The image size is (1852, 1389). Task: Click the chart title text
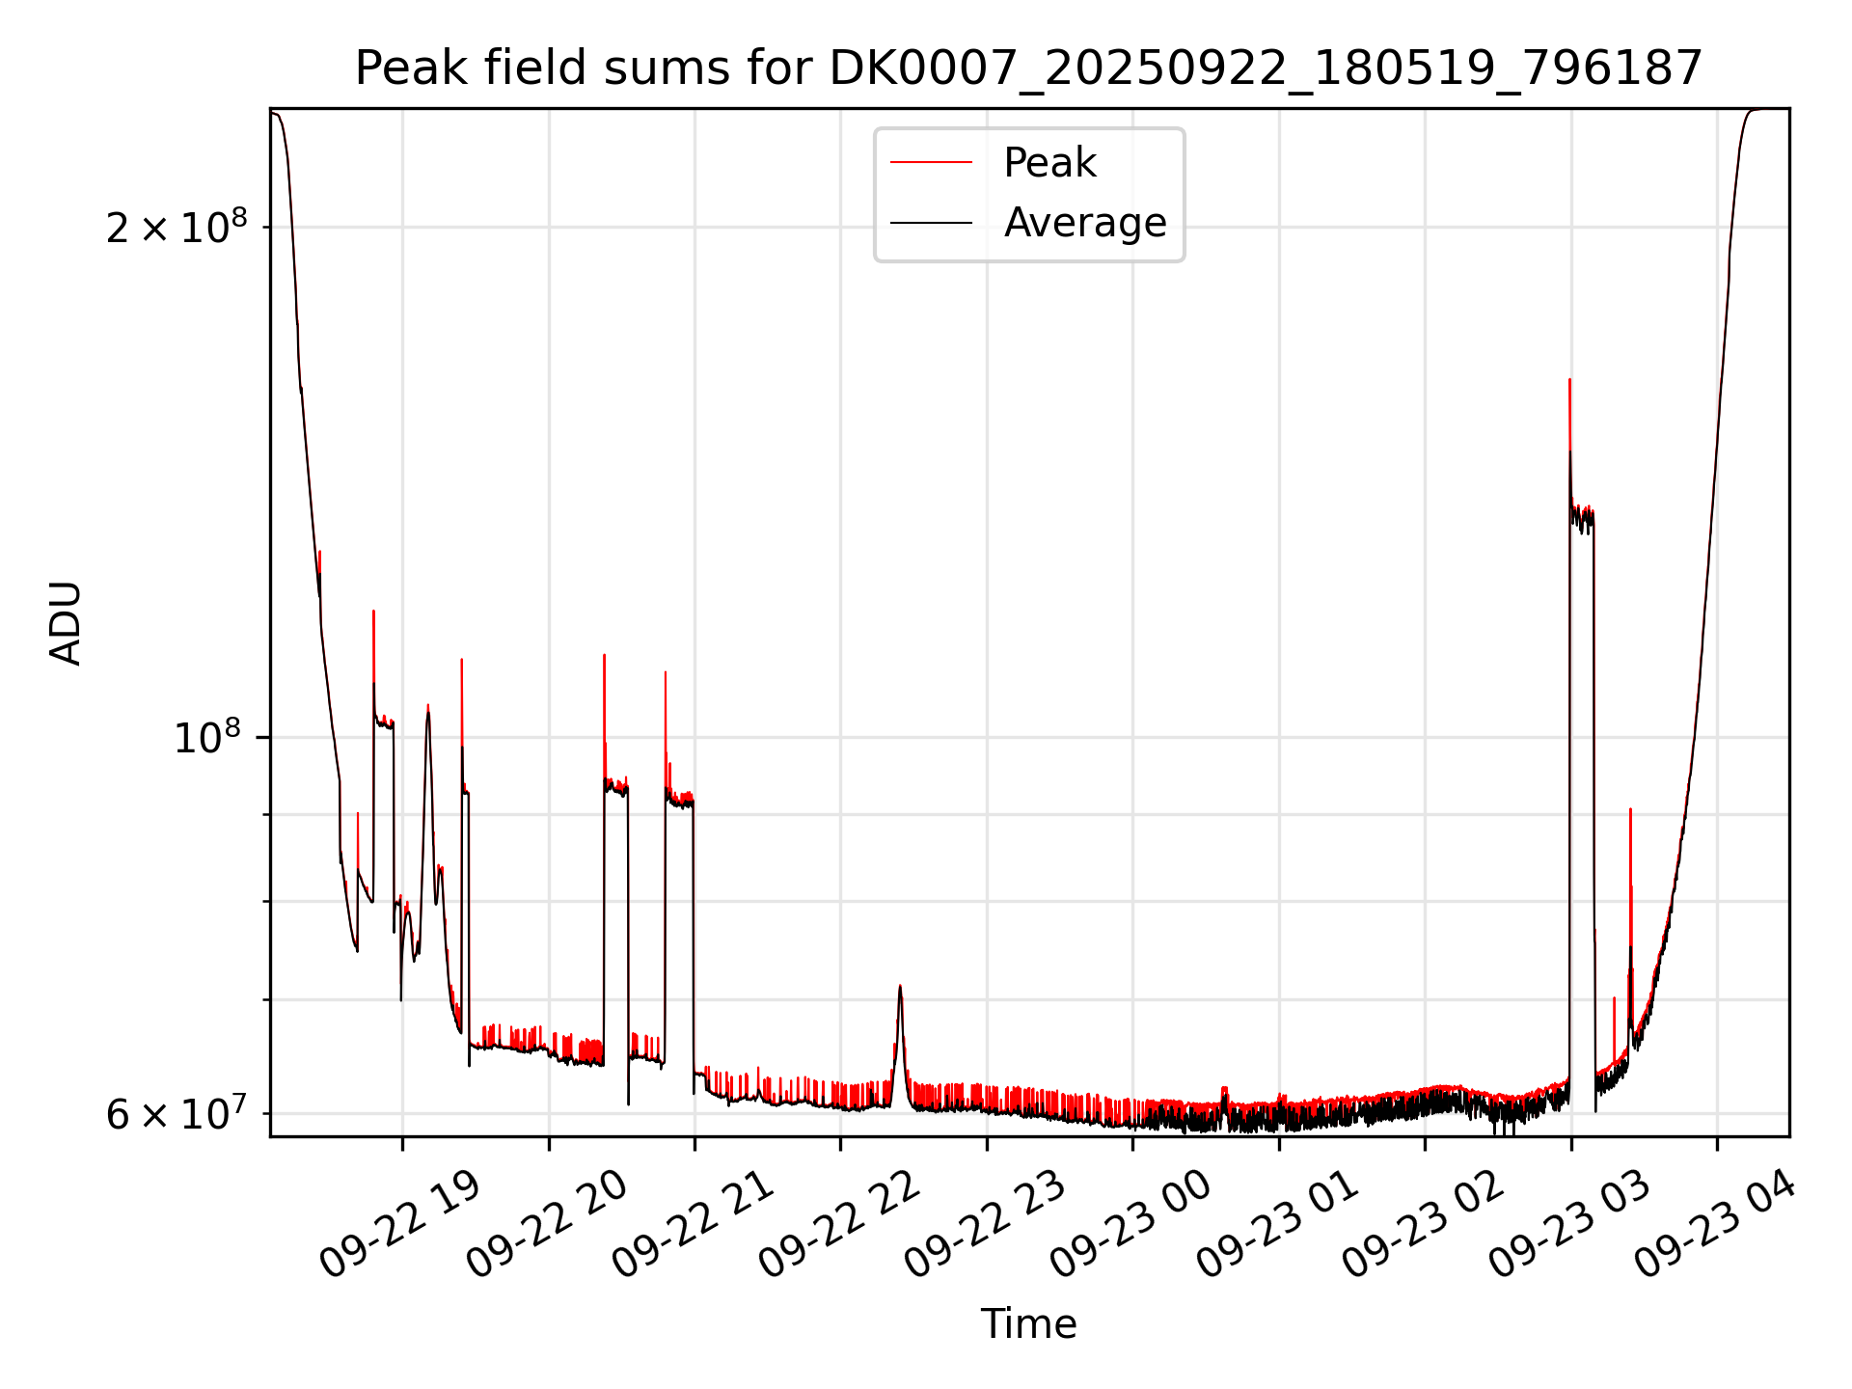(x=1028, y=68)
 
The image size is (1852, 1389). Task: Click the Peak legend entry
(x=1049, y=163)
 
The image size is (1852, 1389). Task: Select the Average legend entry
(x=1084, y=223)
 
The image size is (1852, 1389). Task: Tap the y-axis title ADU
(x=66, y=623)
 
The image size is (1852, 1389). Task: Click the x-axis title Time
(x=1028, y=1324)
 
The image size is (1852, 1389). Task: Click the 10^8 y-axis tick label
(x=206, y=738)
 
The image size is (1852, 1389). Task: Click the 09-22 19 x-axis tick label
(x=399, y=1225)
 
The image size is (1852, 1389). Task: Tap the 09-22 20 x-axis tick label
(x=546, y=1225)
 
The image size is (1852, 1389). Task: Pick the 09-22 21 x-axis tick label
(x=693, y=1225)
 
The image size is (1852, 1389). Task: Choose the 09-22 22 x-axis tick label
(x=839, y=1225)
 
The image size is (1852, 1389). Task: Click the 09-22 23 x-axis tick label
(x=985, y=1225)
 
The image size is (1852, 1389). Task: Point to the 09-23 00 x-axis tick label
(x=1130, y=1225)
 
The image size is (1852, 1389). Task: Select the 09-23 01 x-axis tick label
(x=1277, y=1225)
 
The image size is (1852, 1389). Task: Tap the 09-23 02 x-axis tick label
(x=1424, y=1225)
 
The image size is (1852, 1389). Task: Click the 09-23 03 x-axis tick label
(x=1570, y=1225)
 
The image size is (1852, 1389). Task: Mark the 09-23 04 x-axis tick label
(x=1716, y=1225)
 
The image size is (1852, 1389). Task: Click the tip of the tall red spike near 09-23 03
(x=1569, y=380)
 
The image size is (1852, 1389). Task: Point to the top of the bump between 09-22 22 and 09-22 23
(x=900, y=986)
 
